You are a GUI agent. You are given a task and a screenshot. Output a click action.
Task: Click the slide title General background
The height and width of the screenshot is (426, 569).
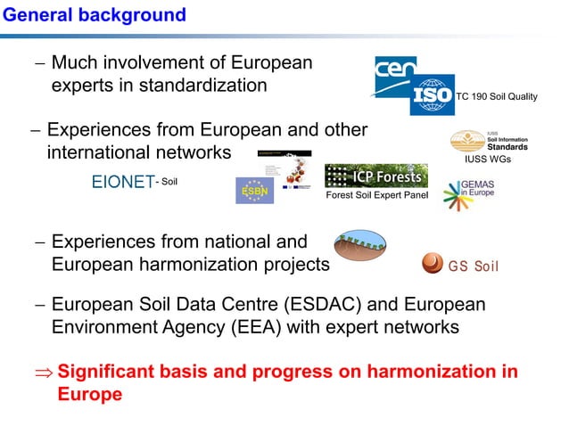pos(94,15)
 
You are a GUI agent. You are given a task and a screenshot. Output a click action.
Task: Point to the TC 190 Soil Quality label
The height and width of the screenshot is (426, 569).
pos(498,97)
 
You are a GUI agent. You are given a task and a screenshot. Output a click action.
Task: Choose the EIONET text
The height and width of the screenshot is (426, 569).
pos(123,184)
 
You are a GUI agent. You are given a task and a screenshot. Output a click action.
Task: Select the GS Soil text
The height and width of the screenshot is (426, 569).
pos(474,266)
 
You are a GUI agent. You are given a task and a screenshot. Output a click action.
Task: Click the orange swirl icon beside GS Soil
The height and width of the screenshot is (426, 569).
pos(432,264)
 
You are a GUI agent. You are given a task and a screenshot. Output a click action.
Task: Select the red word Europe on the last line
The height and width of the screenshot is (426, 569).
pos(89,394)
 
